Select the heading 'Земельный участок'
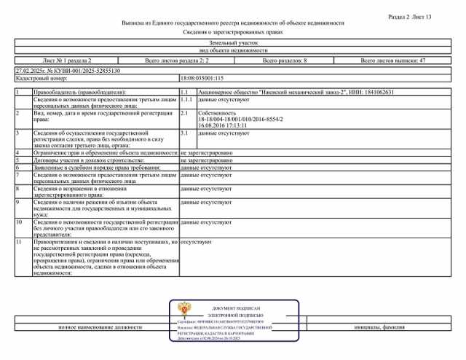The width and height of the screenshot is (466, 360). coord(233,44)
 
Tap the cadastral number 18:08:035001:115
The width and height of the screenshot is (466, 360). coord(202,77)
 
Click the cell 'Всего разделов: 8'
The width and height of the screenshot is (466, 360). coord(285,61)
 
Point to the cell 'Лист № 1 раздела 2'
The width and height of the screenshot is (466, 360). coord(67,61)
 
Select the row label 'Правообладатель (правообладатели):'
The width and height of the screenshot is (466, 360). coord(79,93)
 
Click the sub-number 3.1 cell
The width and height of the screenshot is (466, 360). coord(184,133)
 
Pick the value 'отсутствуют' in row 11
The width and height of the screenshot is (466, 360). coord(196,240)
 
